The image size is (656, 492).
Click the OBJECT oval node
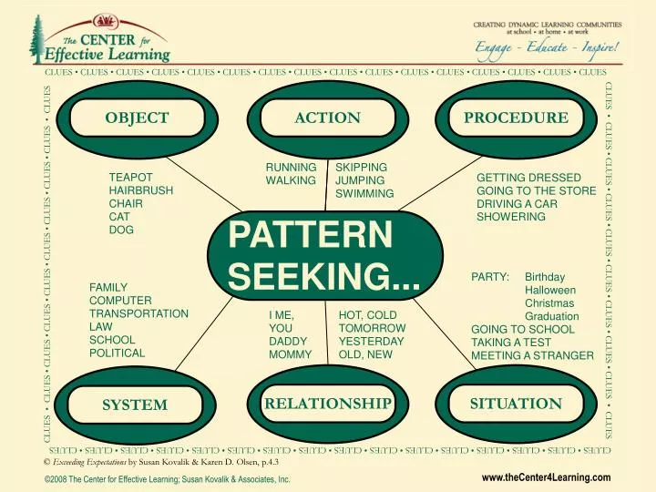click(137, 118)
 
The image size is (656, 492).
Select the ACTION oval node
click(328, 118)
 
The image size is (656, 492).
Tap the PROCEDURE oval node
click(516, 118)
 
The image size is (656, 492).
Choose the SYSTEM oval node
click(134, 405)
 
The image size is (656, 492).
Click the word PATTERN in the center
click(310, 233)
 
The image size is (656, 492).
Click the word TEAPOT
click(130, 177)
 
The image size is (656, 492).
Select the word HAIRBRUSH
click(139, 190)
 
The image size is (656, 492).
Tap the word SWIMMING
click(364, 194)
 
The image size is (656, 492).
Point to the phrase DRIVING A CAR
click(517, 204)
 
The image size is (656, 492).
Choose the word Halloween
click(550, 290)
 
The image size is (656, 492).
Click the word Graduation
click(550, 316)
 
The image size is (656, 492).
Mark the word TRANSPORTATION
click(138, 313)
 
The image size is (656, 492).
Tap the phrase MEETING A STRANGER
click(532, 355)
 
